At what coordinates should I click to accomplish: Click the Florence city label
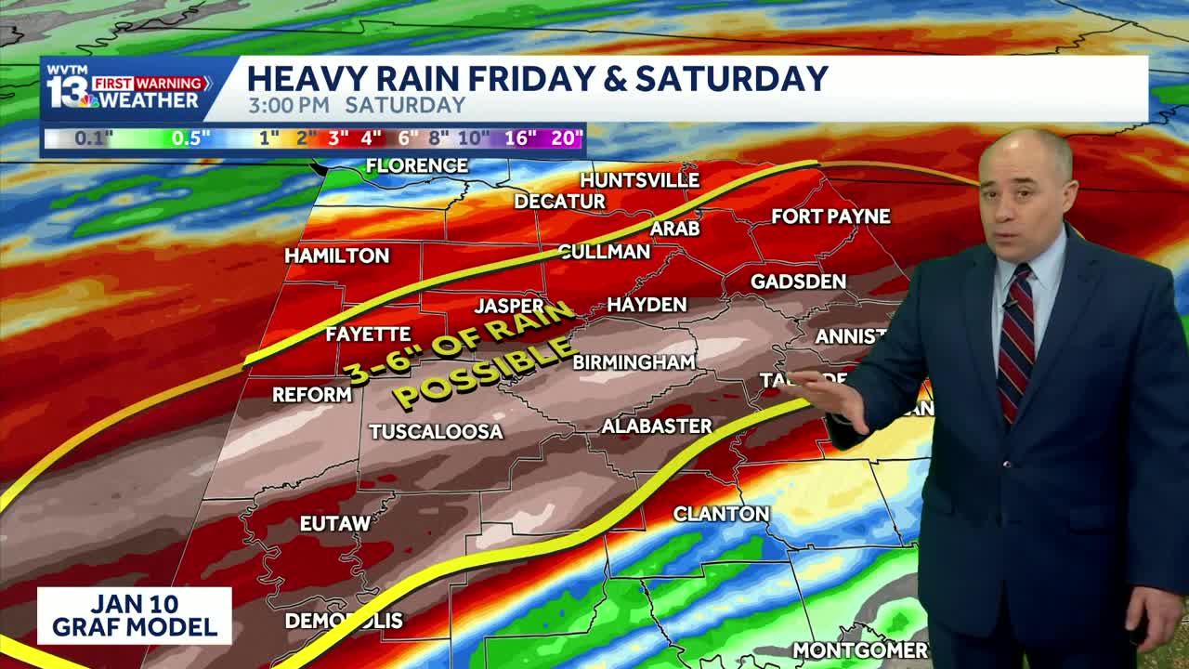tap(417, 166)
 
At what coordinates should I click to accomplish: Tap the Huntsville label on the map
tap(639, 179)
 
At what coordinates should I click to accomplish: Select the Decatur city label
tap(559, 202)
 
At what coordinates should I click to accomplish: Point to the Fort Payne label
tap(830, 216)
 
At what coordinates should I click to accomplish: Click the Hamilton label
tap(336, 256)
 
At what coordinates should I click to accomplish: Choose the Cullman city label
tap(604, 252)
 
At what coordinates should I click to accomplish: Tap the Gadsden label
tap(798, 282)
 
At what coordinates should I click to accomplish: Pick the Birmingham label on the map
tap(634, 362)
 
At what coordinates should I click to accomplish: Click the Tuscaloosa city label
tap(436, 432)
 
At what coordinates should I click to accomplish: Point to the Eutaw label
tap(335, 524)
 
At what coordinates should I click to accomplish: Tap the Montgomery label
tap(860, 650)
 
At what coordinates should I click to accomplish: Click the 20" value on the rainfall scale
tap(567, 138)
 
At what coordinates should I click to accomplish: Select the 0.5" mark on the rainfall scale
tap(190, 138)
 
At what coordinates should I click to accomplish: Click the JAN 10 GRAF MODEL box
tap(135, 615)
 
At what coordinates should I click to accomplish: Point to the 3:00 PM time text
tap(288, 105)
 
